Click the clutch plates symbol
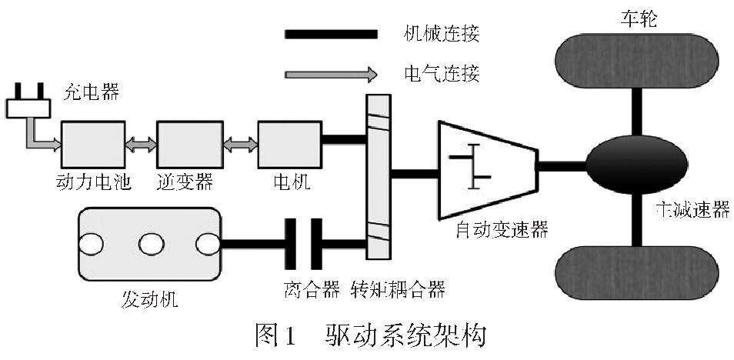pos(305,245)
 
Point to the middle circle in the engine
pos(148,245)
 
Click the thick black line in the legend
pos(330,34)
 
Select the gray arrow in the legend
pos(330,75)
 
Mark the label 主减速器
pos(692,210)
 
